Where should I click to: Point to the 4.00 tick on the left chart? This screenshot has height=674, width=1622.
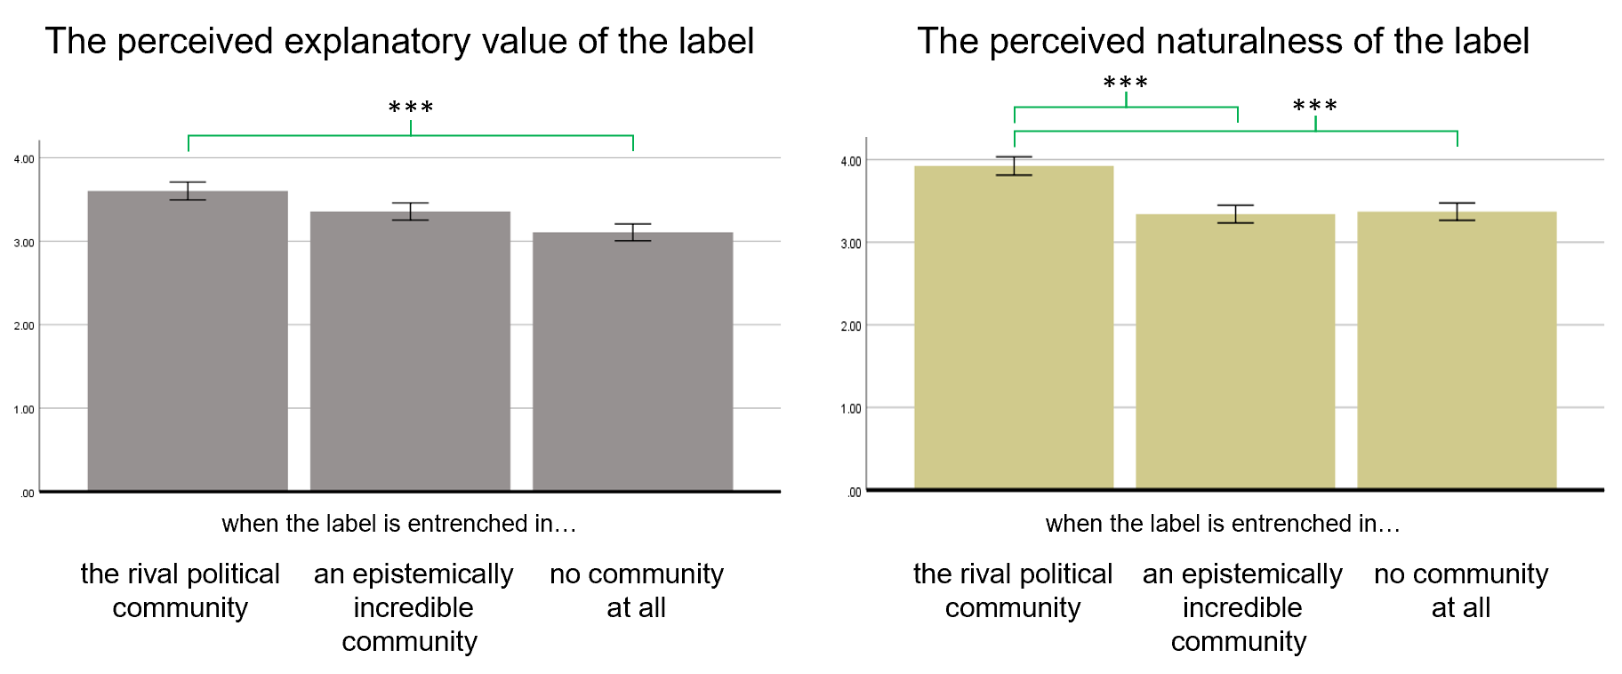pos(24,159)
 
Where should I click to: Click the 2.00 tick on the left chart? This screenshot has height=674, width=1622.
pos(24,325)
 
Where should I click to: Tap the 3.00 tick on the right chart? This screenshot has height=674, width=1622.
pos(851,244)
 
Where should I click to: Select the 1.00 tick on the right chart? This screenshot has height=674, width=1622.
pos(851,409)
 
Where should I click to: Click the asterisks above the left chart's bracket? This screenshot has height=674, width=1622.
pos(411,108)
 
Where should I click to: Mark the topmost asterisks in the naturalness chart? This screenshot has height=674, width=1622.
pos(1126,84)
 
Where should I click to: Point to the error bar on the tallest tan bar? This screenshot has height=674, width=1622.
pos(1014,166)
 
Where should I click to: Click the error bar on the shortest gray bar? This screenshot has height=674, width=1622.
pos(632,232)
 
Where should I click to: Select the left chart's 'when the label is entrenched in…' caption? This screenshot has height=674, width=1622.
pos(399,524)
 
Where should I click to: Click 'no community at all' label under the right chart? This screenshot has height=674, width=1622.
pos(1461,590)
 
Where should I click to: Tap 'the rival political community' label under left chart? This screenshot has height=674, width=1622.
pos(181,590)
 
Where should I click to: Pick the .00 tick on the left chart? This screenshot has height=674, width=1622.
pos(27,493)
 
